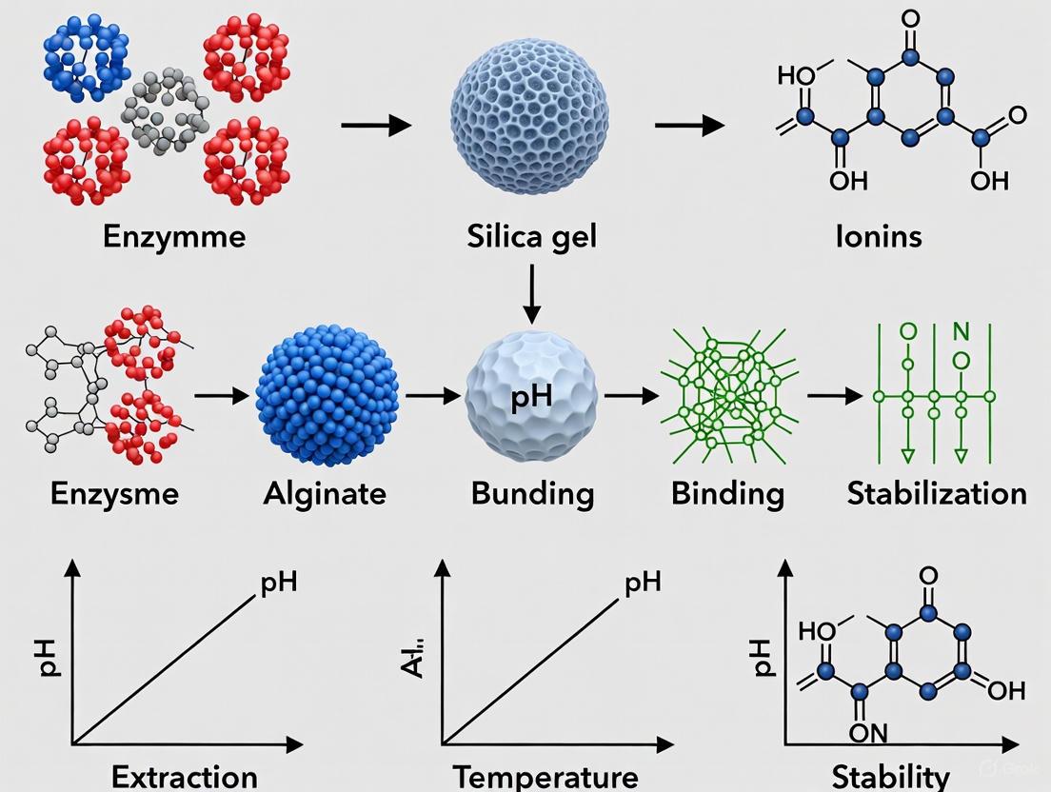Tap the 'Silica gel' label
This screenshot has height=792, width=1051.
pyautogui.click(x=532, y=235)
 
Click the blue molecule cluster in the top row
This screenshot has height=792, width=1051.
pyautogui.click(x=87, y=57)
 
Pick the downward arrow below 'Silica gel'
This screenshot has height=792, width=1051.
pyautogui.click(x=532, y=294)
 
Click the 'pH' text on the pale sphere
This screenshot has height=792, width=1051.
pyautogui.click(x=531, y=397)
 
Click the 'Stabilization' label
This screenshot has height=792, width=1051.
pyautogui.click(x=936, y=493)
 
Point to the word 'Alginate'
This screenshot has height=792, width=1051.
pyautogui.click(x=326, y=493)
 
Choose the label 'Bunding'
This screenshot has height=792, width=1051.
pyautogui.click(x=532, y=493)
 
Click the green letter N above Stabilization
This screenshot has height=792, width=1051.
pyautogui.click(x=961, y=332)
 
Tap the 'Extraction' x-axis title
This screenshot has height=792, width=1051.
pyautogui.click(x=184, y=776)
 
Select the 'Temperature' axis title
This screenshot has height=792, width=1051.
pyautogui.click(x=545, y=776)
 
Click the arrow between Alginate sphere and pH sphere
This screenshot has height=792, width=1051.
pyautogui.click(x=431, y=395)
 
